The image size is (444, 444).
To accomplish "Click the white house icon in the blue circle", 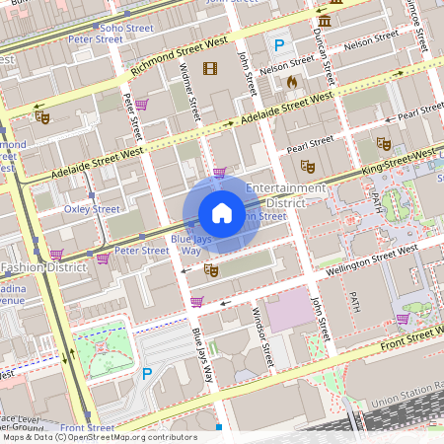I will [222, 212].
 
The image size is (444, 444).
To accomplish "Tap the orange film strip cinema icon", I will [209, 68].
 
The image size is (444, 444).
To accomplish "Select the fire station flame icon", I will [292, 83].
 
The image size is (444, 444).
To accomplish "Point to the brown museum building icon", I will [324, 22].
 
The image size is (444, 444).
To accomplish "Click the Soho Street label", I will [125, 29].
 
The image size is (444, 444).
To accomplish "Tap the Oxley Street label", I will [92, 209].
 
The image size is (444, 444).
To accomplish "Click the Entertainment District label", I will [285, 194].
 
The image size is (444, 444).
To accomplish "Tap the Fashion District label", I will [45, 267].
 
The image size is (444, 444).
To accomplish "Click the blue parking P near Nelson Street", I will [279, 44].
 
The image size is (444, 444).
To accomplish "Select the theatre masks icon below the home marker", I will [209, 268].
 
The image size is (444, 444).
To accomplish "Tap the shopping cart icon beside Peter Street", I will [103, 259].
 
